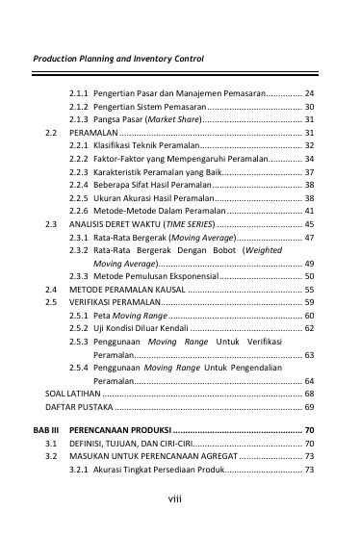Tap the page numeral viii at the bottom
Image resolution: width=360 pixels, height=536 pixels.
coord(179,500)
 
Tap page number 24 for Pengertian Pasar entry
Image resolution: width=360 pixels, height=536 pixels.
coord(309,93)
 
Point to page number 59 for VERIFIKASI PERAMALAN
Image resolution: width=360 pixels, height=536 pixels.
coord(309,302)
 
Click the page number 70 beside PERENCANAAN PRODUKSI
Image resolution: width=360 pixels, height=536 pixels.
coord(309,428)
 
